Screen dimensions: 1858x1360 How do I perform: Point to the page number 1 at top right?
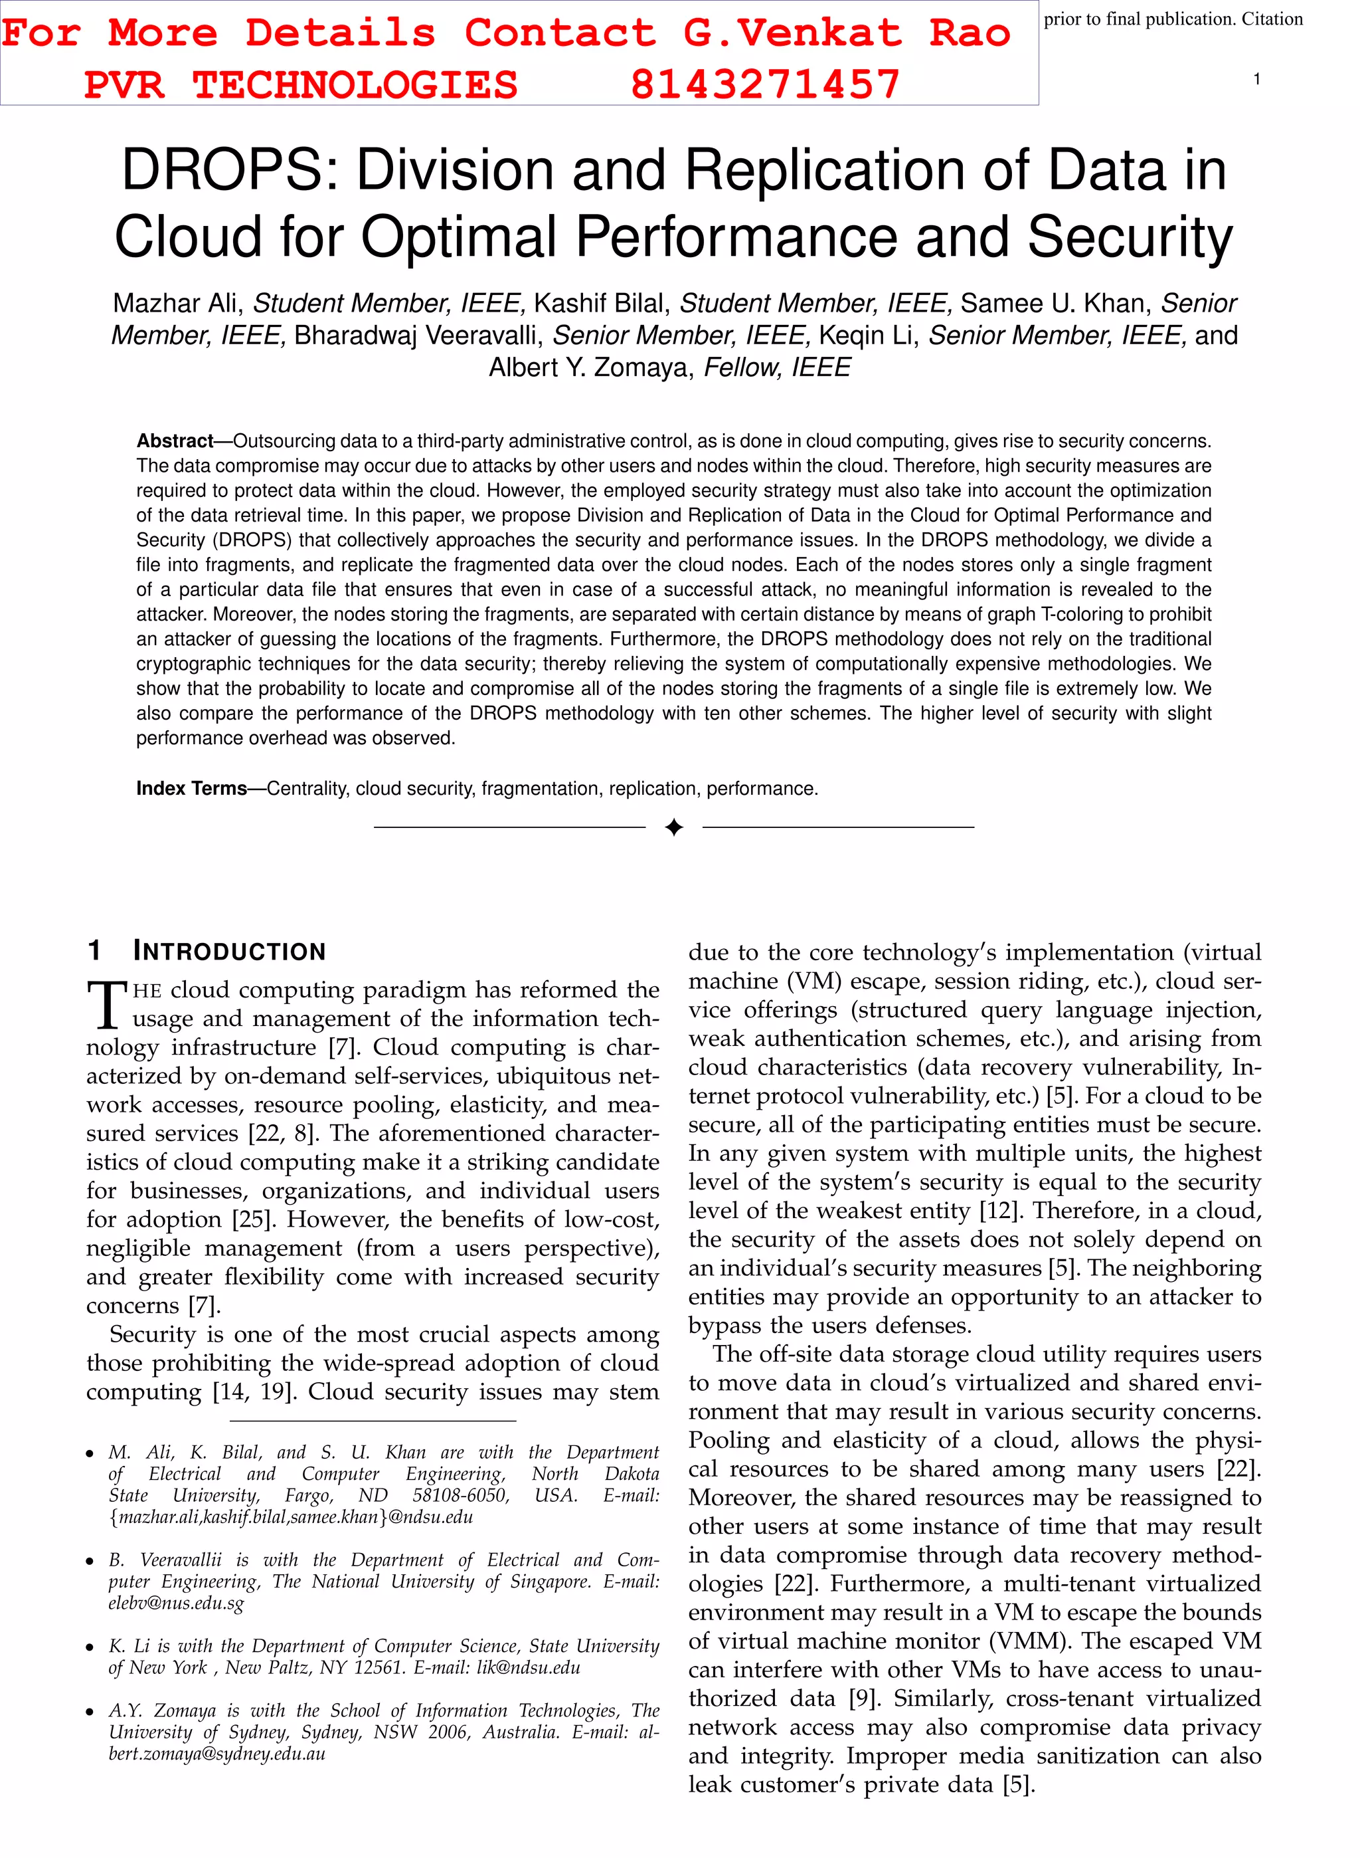pyautogui.click(x=1256, y=79)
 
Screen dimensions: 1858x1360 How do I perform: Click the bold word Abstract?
pyautogui.click(x=175, y=441)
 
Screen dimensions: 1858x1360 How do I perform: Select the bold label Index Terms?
pyautogui.click(x=191, y=789)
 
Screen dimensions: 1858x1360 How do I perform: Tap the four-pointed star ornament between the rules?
pyautogui.click(x=673, y=827)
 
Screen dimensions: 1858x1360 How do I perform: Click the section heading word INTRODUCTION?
pyautogui.click(x=230, y=952)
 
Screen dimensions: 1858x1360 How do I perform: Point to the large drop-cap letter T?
pyautogui.click(x=107, y=1005)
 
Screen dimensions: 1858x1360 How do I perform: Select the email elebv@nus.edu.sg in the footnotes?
pyautogui.click(x=176, y=1603)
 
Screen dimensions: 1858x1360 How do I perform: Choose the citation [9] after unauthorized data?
pyautogui.click(x=865, y=1699)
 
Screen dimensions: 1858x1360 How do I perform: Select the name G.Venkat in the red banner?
pyautogui.click(x=792, y=33)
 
